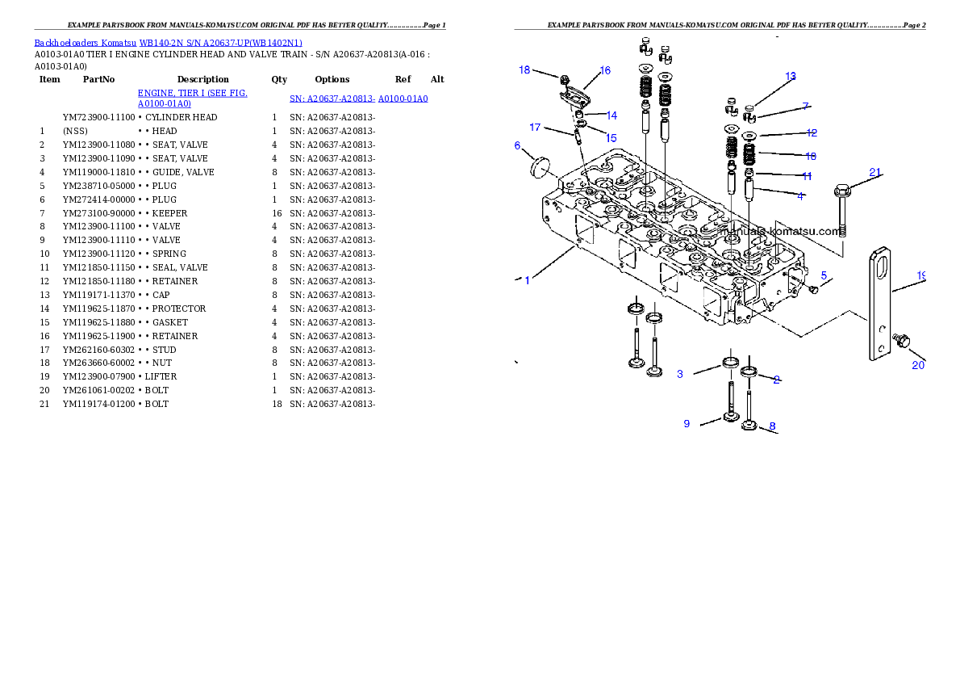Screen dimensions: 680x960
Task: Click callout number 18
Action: (x=524, y=70)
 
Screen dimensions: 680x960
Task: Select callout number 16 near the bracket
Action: (x=604, y=70)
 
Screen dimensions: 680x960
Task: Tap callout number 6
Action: (x=517, y=145)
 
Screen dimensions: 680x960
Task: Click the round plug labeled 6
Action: (x=538, y=166)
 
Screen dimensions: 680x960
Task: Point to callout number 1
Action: (x=527, y=280)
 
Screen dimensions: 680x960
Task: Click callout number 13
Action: (x=791, y=76)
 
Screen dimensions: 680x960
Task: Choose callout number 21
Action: (x=875, y=171)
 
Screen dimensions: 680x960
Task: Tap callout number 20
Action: (x=918, y=365)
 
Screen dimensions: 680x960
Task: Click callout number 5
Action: (x=824, y=275)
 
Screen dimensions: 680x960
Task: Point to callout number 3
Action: (x=680, y=374)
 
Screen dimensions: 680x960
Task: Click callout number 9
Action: (x=687, y=423)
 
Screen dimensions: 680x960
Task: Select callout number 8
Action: (x=772, y=426)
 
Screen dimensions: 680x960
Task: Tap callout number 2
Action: (x=776, y=380)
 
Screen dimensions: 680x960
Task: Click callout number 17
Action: (x=535, y=127)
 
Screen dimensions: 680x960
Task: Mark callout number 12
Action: (x=812, y=132)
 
